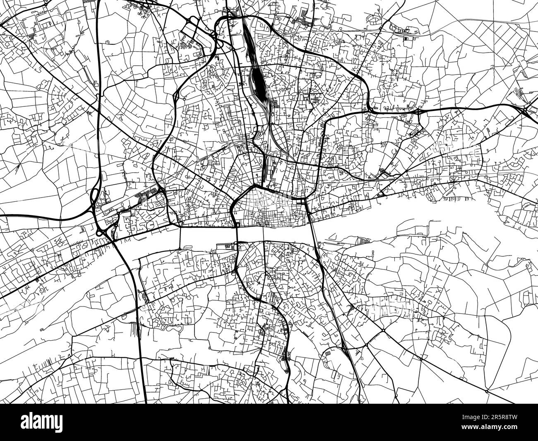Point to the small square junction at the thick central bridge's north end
tap(237, 225)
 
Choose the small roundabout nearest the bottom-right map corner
tap(487, 390)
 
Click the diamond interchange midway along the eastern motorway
tap(419, 111)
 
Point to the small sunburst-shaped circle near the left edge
tap(43, 290)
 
